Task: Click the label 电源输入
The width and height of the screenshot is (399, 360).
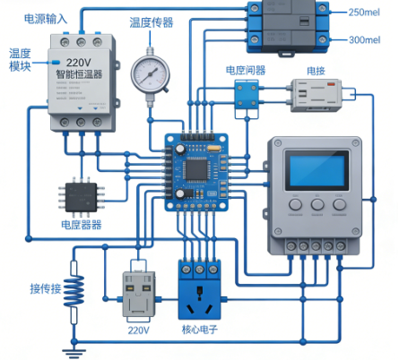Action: click(x=44, y=18)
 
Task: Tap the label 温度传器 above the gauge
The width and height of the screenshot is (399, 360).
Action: click(x=152, y=22)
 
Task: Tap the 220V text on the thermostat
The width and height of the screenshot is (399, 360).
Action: click(x=80, y=64)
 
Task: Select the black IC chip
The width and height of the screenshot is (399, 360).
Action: click(x=79, y=196)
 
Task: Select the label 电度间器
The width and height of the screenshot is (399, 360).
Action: click(x=245, y=69)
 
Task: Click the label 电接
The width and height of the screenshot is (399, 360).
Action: click(x=316, y=69)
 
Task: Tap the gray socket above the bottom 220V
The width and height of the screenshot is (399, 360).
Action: click(x=138, y=296)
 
